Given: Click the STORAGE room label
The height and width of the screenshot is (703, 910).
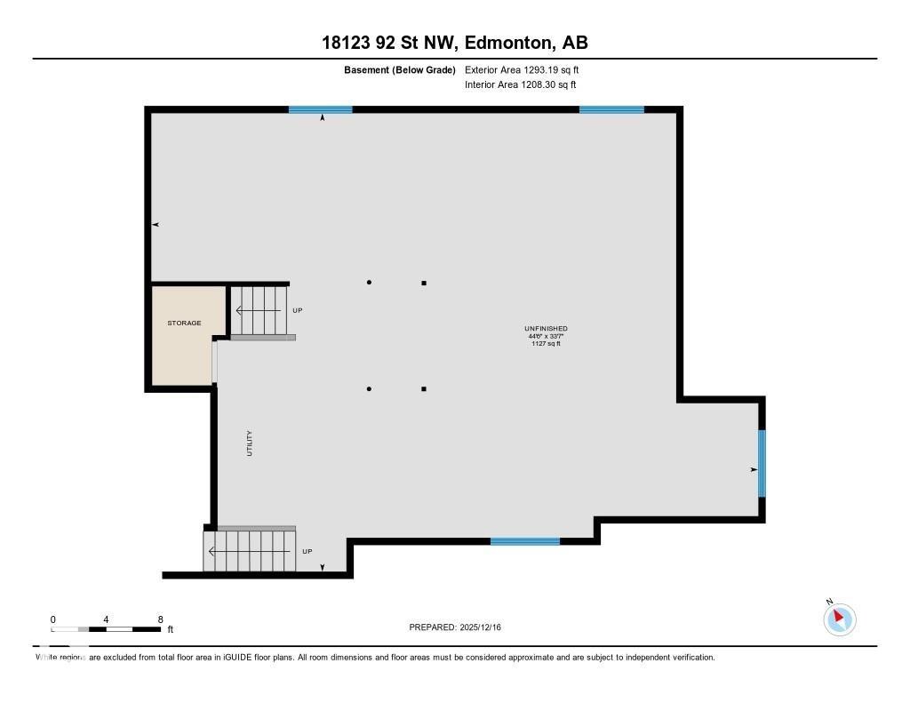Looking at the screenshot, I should tap(184, 323).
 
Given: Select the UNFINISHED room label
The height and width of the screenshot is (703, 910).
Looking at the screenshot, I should tap(546, 329).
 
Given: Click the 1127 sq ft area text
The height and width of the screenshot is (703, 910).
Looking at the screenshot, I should tap(546, 343).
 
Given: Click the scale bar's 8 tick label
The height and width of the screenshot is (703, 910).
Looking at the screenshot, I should tap(160, 619).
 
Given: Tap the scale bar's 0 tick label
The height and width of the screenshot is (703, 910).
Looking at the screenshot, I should tap(53, 619).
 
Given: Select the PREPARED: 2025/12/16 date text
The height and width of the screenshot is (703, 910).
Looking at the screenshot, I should tap(455, 627).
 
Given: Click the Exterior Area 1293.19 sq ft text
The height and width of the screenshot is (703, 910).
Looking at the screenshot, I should tap(522, 69).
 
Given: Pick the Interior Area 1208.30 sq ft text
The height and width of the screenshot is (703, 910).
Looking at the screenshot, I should tap(520, 84).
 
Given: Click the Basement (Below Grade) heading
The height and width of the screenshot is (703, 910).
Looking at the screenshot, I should tap(399, 69).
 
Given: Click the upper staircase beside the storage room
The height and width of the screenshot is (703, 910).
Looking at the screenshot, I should tap(260, 310).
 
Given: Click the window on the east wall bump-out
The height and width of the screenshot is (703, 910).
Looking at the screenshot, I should tap(762, 463).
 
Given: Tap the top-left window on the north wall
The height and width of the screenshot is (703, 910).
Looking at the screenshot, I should tap(320, 109).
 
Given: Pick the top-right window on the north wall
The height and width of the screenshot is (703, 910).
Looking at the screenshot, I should tap(611, 109).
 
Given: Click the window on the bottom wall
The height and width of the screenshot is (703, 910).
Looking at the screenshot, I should tap(525, 541).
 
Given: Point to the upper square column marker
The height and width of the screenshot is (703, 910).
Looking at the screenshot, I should tap(424, 283).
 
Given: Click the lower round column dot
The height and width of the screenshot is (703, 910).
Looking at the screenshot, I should tap(369, 388).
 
